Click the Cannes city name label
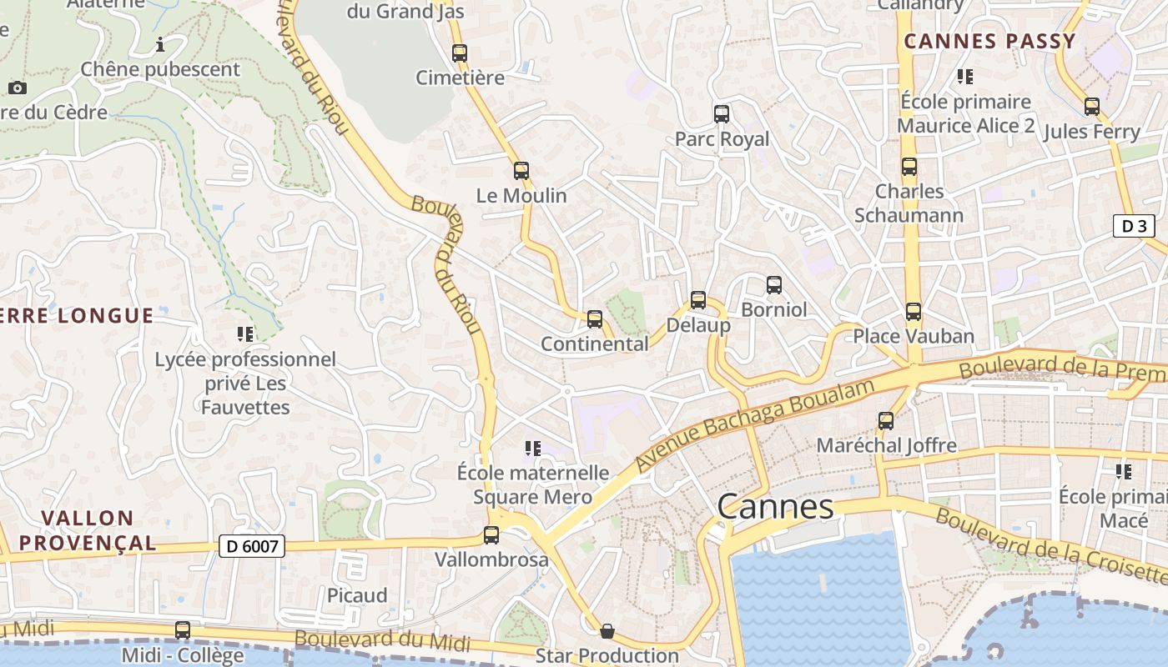[775, 506]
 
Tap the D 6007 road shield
[252, 546]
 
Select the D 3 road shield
[1134, 225]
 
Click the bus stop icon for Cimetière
[460, 53]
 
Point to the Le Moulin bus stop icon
[521, 171]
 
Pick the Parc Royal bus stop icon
[722, 114]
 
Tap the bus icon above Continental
[595, 318]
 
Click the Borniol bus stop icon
[774, 285]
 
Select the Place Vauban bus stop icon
[914, 312]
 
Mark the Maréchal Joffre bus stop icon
[886, 420]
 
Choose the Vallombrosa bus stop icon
[491, 534]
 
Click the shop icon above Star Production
[607, 631]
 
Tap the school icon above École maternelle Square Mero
[533, 449]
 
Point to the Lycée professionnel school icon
[245, 334]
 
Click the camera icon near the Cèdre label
[17, 88]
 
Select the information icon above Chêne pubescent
[160, 44]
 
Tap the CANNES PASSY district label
[989, 41]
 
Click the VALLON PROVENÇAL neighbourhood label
[88, 530]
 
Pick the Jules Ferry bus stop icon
[1092, 107]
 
